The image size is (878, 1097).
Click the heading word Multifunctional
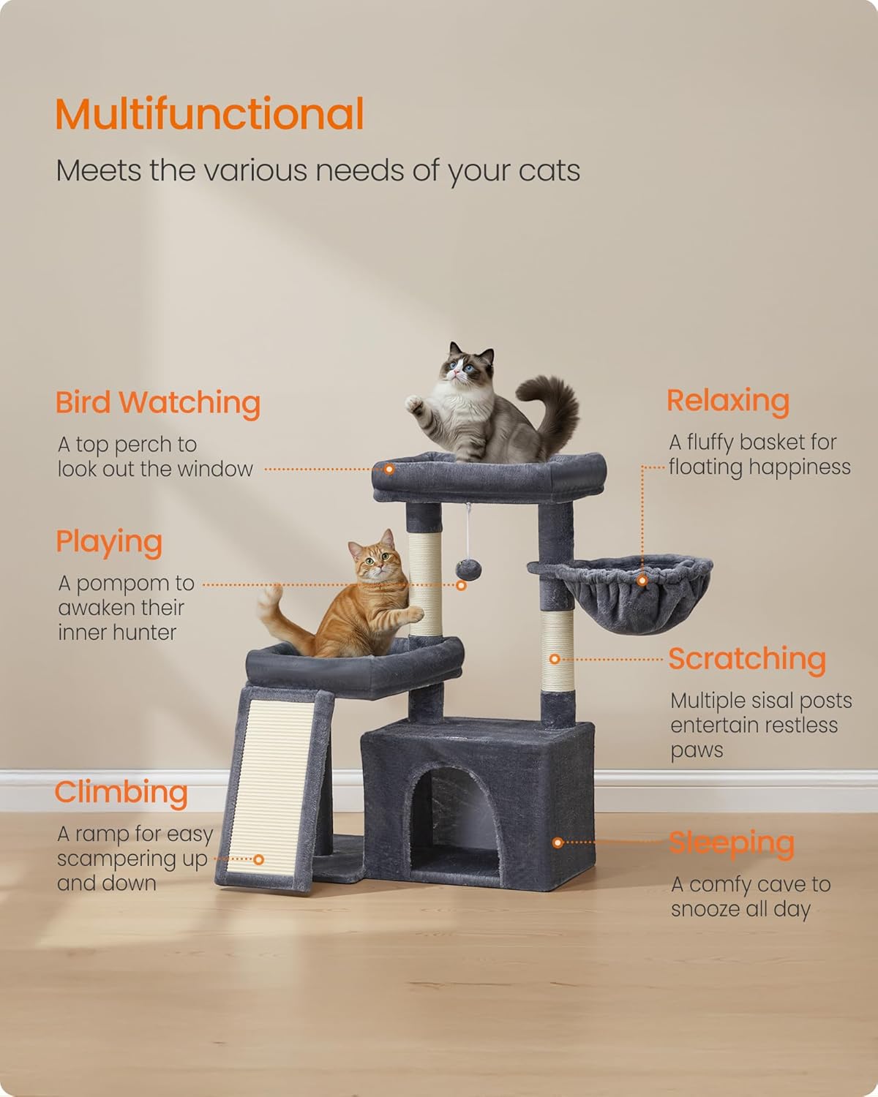coord(210,113)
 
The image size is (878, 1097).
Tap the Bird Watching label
coord(158,403)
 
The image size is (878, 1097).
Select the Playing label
coord(109,542)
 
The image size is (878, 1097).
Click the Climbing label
coord(121,793)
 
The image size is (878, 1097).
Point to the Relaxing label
coord(729,401)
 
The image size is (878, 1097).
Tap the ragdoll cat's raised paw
coord(413,404)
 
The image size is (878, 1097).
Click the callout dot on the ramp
coord(259,860)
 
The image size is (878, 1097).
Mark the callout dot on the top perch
coord(389,469)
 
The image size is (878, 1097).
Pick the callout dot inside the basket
coord(642,580)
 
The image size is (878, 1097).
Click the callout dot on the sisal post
coord(555,659)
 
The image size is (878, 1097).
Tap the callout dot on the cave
coord(558,842)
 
